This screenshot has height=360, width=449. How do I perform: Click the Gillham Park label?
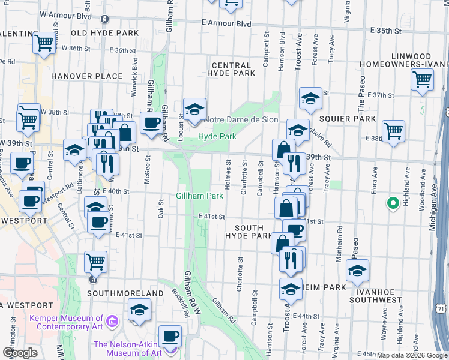tap(199, 196)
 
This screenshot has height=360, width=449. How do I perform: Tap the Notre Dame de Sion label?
tap(241, 119)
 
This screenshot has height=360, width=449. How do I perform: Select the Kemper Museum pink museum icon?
tap(111, 322)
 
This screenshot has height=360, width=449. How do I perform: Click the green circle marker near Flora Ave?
tap(393, 204)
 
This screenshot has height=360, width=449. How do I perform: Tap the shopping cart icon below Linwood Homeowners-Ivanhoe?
tap(423, 79)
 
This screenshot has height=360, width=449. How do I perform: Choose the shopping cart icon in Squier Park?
tap(393, 130)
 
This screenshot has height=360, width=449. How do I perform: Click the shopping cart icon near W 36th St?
tap(44, 43)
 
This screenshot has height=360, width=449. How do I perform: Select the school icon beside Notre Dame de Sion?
tap(194, 109)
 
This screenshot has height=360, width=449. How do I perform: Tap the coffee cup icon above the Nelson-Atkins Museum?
tap(170, 335)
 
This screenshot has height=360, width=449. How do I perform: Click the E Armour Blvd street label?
tap(226, 23)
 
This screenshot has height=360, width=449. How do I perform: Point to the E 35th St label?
tap(385, 29)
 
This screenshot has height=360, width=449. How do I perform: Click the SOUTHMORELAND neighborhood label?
tap(125, 293)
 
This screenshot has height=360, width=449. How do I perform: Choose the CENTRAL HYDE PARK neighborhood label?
tap(231, 69)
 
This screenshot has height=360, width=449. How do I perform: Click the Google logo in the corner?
tap(20, 352)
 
